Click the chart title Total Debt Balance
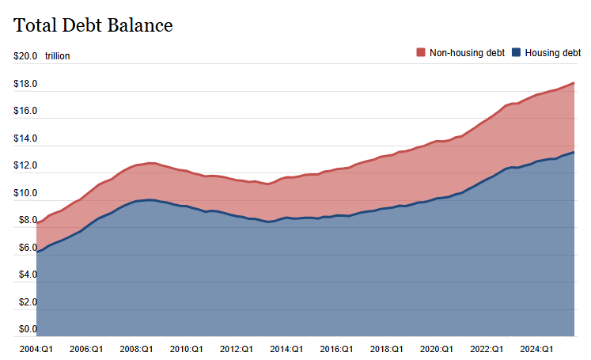point(93,25)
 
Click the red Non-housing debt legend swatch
point(420,53)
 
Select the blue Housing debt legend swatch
point(517,53)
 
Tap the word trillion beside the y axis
point(58,56)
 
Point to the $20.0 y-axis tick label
point(25,56)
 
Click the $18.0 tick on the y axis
point(25,84)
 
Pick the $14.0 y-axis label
point(25,138)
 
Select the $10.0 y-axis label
point(25,193)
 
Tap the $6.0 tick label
point(25,248)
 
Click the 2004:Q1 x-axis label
point(36,348)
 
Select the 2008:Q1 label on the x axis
point(136,348)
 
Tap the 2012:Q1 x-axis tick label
point(236,348)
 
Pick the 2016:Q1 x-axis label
point(336,348)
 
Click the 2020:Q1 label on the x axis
point(436,348)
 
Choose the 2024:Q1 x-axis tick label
point(536,348)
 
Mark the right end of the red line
point(574,82)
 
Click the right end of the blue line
point(574,152)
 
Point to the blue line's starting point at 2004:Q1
point(37,252)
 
